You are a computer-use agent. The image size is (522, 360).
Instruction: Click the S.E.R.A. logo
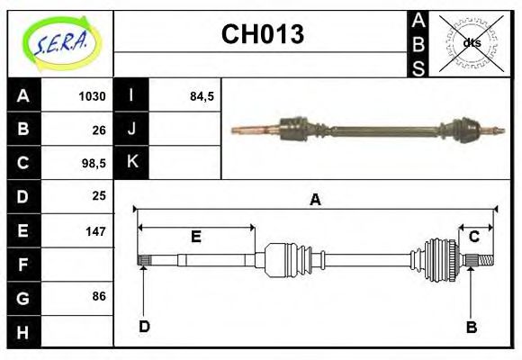click(x=59, y=42)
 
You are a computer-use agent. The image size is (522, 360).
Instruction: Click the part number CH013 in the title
click(x=262, y=35)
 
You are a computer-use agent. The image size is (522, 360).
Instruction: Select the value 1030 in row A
click(x=92, y=96)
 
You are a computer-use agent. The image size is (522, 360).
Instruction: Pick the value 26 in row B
click(x=99, y=129)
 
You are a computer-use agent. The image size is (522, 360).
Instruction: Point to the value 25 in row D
click(x=99, y=195)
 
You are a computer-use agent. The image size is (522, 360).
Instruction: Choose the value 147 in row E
click(x=95, y=230)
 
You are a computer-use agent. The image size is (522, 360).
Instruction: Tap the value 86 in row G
click(x=99, y=295)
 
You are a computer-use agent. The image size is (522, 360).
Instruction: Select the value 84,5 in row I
click(x=202, y=96)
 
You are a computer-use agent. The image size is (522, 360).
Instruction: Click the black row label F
click(x=23, y=265)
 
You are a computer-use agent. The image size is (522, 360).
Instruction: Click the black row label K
click(x=131, y=162)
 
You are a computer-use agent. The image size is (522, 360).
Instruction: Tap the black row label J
click(x=131, y=129)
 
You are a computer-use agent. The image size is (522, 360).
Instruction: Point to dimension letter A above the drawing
click(x=315, y=200)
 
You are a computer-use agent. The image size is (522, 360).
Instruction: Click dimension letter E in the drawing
click(x=195, y=237)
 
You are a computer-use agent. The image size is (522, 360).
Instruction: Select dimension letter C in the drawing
click(x=473, y=237)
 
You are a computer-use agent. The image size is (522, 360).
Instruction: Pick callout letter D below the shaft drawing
click(x=144, y=327)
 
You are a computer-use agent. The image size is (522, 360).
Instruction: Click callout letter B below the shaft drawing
click(x=471, y=327)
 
